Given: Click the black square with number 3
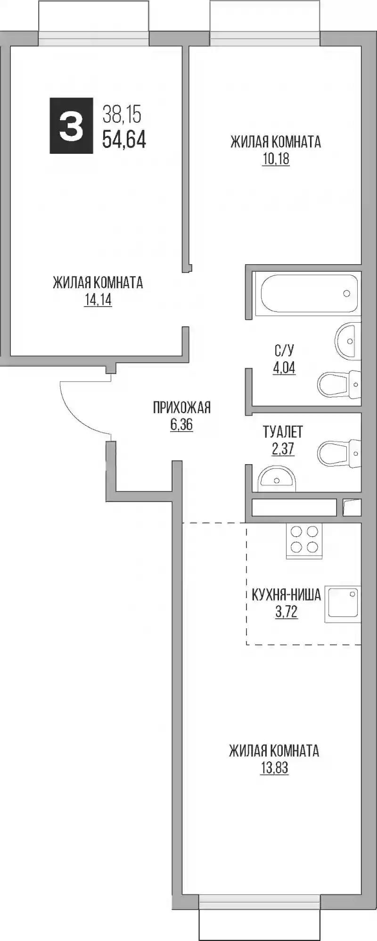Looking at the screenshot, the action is tap(71, 125).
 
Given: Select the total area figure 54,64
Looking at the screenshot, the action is tap(124, 140).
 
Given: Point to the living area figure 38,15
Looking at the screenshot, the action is tap(122, 115).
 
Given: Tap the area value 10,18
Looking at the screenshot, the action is tap(276, 159).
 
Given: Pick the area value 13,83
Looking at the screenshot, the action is tap(274, 767).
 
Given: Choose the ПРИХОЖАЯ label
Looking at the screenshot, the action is tap(181, 407).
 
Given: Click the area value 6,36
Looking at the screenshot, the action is tap(181, 425).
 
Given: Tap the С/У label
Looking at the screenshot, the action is tap(284, 350).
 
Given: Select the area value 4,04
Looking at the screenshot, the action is tap(284, 367).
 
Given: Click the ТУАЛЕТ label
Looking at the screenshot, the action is tap(283, 432).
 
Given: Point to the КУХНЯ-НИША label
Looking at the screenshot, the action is tap(286, 594).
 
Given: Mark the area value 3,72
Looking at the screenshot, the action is tap(287, 612).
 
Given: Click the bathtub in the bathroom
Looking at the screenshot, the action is tap(309, 293).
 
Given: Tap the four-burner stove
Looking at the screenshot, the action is tap(304, 541).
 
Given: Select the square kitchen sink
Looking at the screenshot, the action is tap(343, 604).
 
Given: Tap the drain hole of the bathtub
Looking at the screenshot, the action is tap(347, 293).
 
